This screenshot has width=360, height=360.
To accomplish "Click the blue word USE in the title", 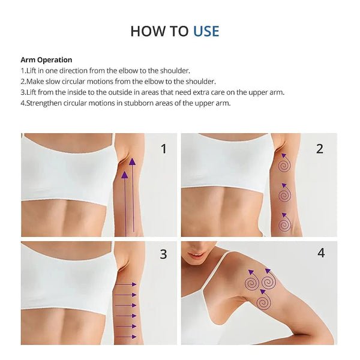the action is [x=206, y=31].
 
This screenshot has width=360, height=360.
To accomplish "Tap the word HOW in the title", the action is [x=148, y=31].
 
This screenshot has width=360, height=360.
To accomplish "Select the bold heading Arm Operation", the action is [x=46, y=59].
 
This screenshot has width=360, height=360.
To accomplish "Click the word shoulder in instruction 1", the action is [x=174, y=70].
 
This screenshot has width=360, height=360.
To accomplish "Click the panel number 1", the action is [x=163, y=149].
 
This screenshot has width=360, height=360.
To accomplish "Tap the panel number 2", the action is [x=320, y=149].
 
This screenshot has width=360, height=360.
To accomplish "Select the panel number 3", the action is [x=163, y=254].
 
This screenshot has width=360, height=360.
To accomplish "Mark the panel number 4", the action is [x=321, y=253].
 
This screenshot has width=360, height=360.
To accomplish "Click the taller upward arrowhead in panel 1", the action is [x=132, y=161].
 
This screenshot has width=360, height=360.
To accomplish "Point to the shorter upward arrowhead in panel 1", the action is [x=124, y=175].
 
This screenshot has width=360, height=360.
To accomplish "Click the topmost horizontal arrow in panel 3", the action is [x=125, y=284].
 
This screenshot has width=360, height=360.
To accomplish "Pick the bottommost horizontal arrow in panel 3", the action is [x=125, y=337].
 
